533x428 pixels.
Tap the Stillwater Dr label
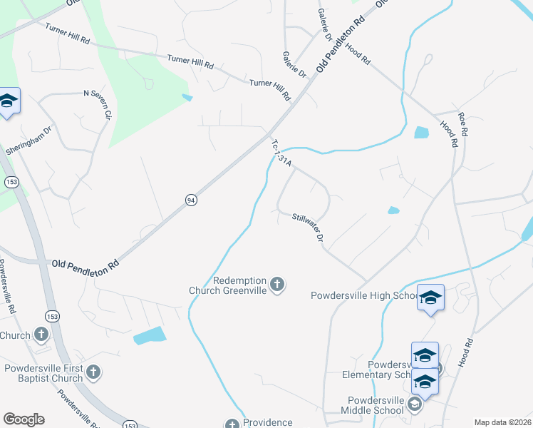(x=309, y=226)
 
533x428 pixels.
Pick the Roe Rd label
(x=463, y=124)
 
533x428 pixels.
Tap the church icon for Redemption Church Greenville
(x=277, y=285)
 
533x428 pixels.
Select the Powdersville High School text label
(x=363, y=295)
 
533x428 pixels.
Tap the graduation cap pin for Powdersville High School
(x=430, y=297)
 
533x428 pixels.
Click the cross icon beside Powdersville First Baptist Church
(x=93, y=372)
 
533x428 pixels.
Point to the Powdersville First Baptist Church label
(x=44, y=373)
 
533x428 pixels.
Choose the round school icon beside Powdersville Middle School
(x=413, y=405)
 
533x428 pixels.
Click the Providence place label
(x=268, y=422)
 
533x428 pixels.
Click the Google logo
(x=24, y=419)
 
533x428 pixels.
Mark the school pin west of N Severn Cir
(x=8, y=101)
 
